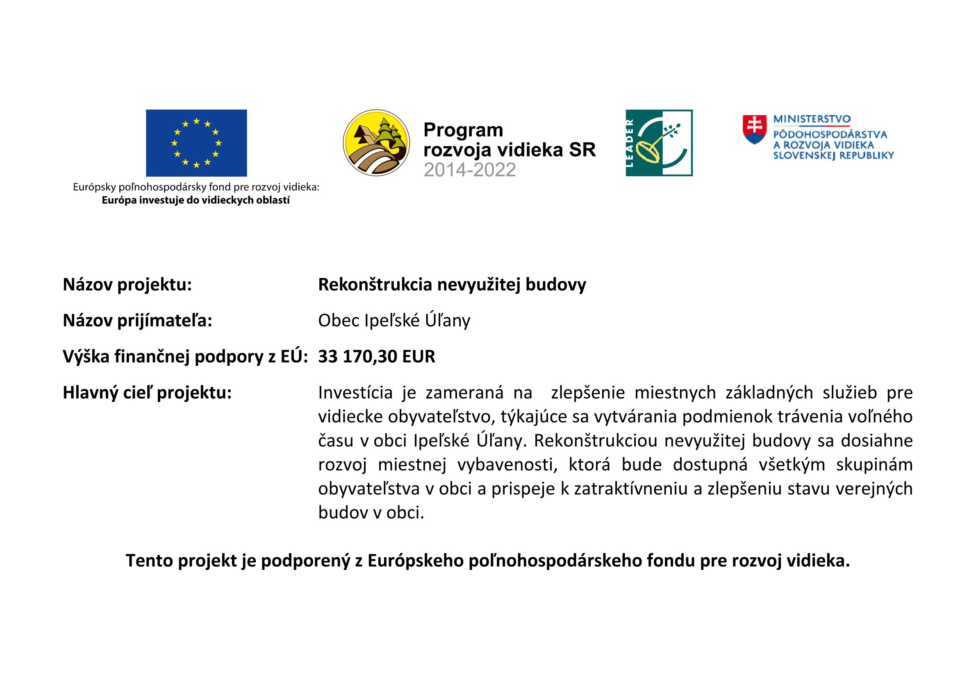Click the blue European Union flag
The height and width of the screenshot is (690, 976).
[x=196, y=143]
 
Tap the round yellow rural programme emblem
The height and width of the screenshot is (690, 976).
[x=376, y=143]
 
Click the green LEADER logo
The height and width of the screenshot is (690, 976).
[x=659, y=143]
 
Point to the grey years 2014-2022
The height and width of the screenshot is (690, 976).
[x=470, y=170]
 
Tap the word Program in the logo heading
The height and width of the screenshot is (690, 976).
[x=463, y=130]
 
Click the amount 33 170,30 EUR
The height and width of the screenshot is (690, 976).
[x=377, y=356]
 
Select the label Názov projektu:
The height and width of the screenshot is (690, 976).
[x=127, y=285]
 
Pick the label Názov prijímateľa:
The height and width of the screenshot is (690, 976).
[x=137, y=320]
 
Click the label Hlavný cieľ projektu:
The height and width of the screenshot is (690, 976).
[x=147, y=393]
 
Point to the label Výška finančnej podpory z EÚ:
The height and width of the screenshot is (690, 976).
[x=185, y=356]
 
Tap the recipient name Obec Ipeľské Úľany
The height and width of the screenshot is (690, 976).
[x=394, y=320]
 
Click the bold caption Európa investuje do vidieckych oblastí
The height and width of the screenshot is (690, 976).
[x=196, y=200]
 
